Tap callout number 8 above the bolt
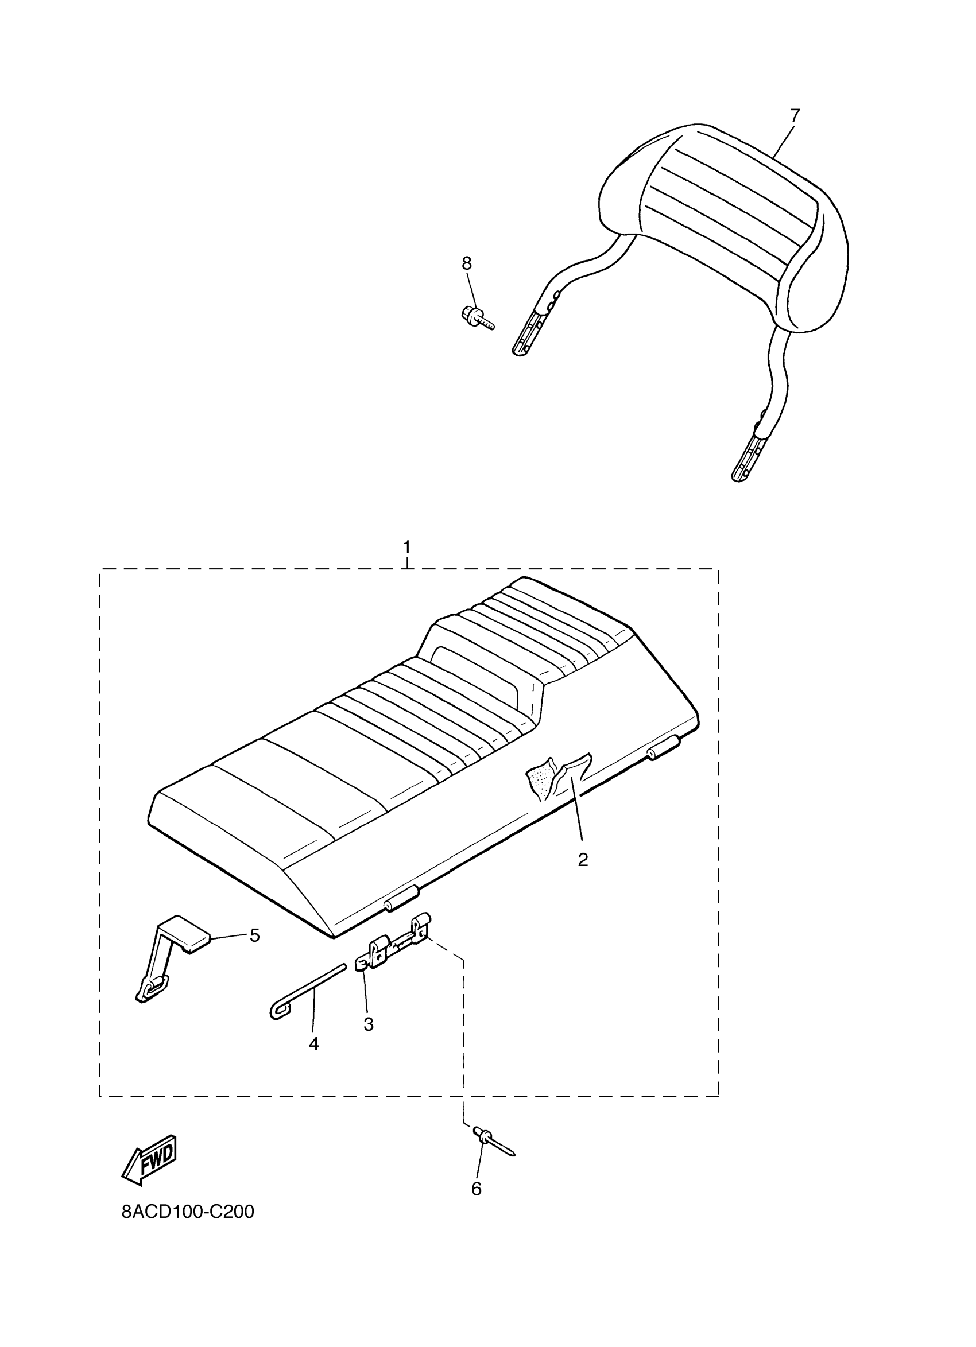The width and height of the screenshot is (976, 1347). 466,262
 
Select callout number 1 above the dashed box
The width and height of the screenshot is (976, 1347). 407,546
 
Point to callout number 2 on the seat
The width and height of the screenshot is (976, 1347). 583,859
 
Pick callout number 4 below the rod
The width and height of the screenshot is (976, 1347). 313,1043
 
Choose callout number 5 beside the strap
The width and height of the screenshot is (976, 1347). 254,936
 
